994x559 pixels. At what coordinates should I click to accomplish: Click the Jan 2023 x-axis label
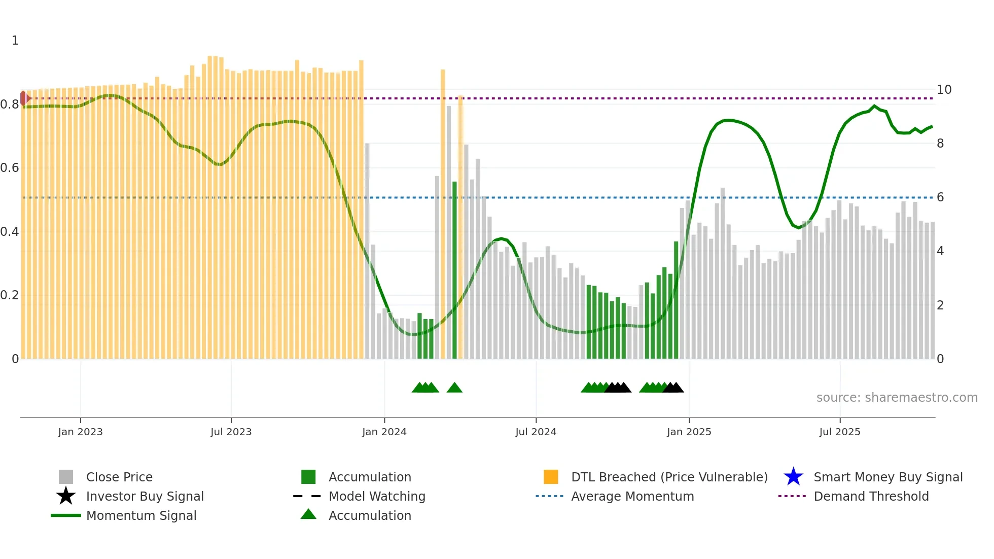pos(80,432)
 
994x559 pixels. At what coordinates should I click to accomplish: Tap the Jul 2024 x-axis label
pos(536,432)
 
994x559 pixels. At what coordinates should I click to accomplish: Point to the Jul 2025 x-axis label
pos(839,432)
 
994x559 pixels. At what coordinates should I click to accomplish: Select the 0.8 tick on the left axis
pos(10,104)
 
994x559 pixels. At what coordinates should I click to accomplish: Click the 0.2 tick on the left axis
pos(10,295)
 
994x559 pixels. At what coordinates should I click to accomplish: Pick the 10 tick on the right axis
pos(943,90)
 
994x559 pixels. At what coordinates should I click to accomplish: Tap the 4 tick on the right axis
pos(940,251)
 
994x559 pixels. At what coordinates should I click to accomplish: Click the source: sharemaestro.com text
pos(897,398)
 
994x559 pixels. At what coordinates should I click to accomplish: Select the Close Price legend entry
pos(119,477)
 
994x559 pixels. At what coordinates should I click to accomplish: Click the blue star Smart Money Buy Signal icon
pos(793,477)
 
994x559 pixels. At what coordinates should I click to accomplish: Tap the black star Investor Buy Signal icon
pos(66,496)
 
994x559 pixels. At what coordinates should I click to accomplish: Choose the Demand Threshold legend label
pos(871,496)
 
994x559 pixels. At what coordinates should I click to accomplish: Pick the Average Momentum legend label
pos(632,496)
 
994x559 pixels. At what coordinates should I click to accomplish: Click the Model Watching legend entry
pos(376,496)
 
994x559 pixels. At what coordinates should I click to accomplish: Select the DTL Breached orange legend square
pos(551,477)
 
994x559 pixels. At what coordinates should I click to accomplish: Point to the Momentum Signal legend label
pos(141,515)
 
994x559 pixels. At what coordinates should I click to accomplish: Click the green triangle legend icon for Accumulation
pos(308,514)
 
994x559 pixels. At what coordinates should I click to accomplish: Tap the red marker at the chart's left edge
pos(24,98)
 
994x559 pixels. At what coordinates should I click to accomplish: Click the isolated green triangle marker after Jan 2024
pos(454,388)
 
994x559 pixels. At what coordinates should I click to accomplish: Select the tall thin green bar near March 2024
pos(454,269)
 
